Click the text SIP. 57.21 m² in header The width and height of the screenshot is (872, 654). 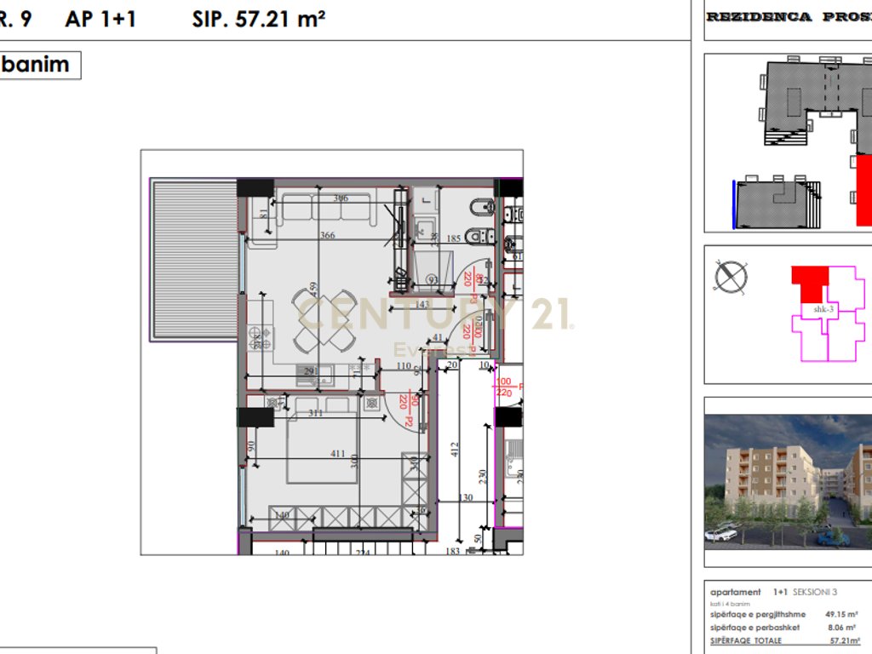tap(259, 19)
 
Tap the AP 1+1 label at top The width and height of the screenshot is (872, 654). tap(100, 19)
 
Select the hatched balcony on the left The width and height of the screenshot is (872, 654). tap(193, 260)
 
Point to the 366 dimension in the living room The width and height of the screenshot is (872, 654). tap(327, 236)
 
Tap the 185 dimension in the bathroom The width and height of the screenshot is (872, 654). tap(453, 239)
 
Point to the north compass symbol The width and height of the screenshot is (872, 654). tap(731, 277)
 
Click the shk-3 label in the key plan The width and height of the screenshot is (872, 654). tap(823, 310)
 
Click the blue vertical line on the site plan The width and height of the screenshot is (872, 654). tap(734, 204)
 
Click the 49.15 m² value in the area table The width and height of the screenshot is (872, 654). tap(840, 613)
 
